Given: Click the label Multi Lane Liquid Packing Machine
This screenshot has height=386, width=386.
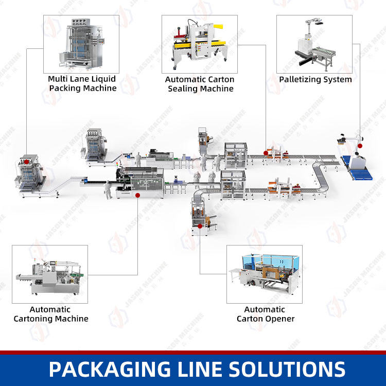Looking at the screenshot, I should coord(82,83).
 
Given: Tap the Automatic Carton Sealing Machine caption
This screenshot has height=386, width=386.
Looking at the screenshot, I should coord(200,84).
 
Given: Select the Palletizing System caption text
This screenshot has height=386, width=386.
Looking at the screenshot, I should coord(315,79).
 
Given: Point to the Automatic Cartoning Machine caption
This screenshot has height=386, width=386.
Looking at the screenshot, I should coord(50,314).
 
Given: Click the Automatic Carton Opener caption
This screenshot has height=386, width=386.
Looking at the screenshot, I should coord(265,314).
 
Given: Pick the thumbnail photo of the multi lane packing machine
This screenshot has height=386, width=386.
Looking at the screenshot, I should coord(81,43).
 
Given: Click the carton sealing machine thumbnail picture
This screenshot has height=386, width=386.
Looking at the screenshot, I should coord(200,44).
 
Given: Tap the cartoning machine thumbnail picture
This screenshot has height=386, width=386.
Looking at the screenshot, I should coord(50,274).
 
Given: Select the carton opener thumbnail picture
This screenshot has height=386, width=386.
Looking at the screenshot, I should coord(265,274).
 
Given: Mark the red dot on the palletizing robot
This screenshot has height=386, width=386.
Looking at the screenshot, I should coord(360,146).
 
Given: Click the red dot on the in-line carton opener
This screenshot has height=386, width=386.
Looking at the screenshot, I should coord(200,224).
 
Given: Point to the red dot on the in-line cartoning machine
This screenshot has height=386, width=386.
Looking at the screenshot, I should coord(137,195).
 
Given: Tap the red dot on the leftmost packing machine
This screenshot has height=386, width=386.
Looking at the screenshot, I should coord(26,162).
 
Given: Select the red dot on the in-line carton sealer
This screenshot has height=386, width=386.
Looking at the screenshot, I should coord(266,152).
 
